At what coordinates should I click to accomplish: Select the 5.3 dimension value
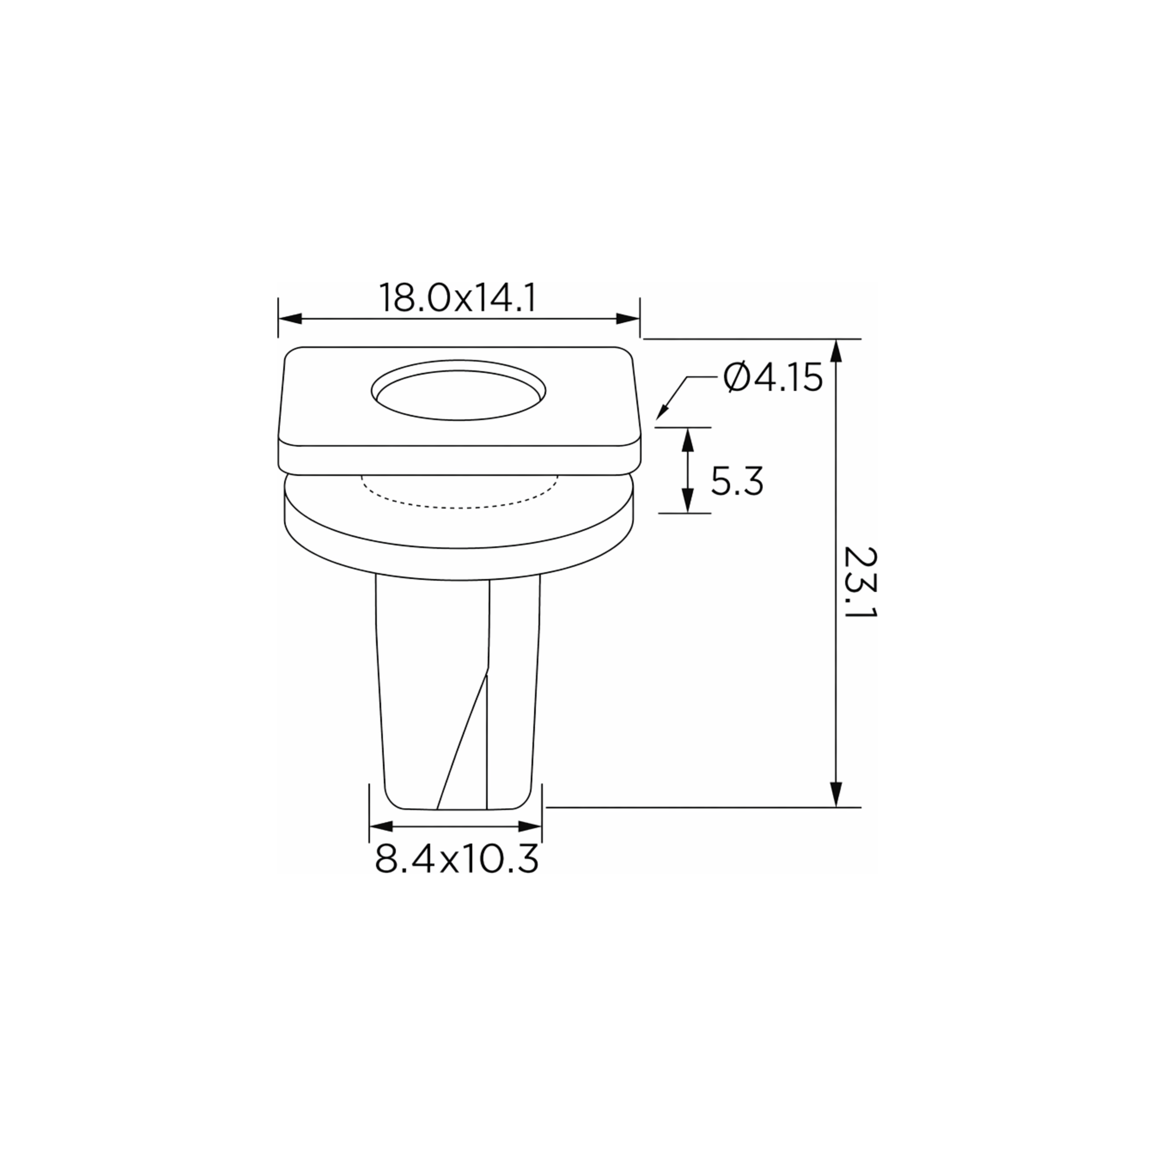click(737, 482)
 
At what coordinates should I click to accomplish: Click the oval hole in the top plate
click(458, 390)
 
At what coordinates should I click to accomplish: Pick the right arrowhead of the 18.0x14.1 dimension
click(628, 319)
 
